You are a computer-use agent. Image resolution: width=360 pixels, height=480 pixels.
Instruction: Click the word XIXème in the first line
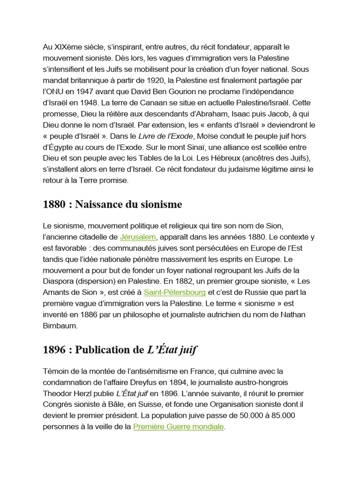(x=67, y=47)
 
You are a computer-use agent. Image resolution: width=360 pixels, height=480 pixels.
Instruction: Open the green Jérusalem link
(x=137, y=237)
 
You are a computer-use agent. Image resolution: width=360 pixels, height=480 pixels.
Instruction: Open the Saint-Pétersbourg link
(x=175, y=292)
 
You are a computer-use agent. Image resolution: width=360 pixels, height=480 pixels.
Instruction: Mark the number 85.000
(x=282, y=416)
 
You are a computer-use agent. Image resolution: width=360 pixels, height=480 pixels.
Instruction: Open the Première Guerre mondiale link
(x=179, y=427)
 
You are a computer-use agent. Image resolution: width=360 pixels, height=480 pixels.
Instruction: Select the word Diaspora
(x=59, y=281)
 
